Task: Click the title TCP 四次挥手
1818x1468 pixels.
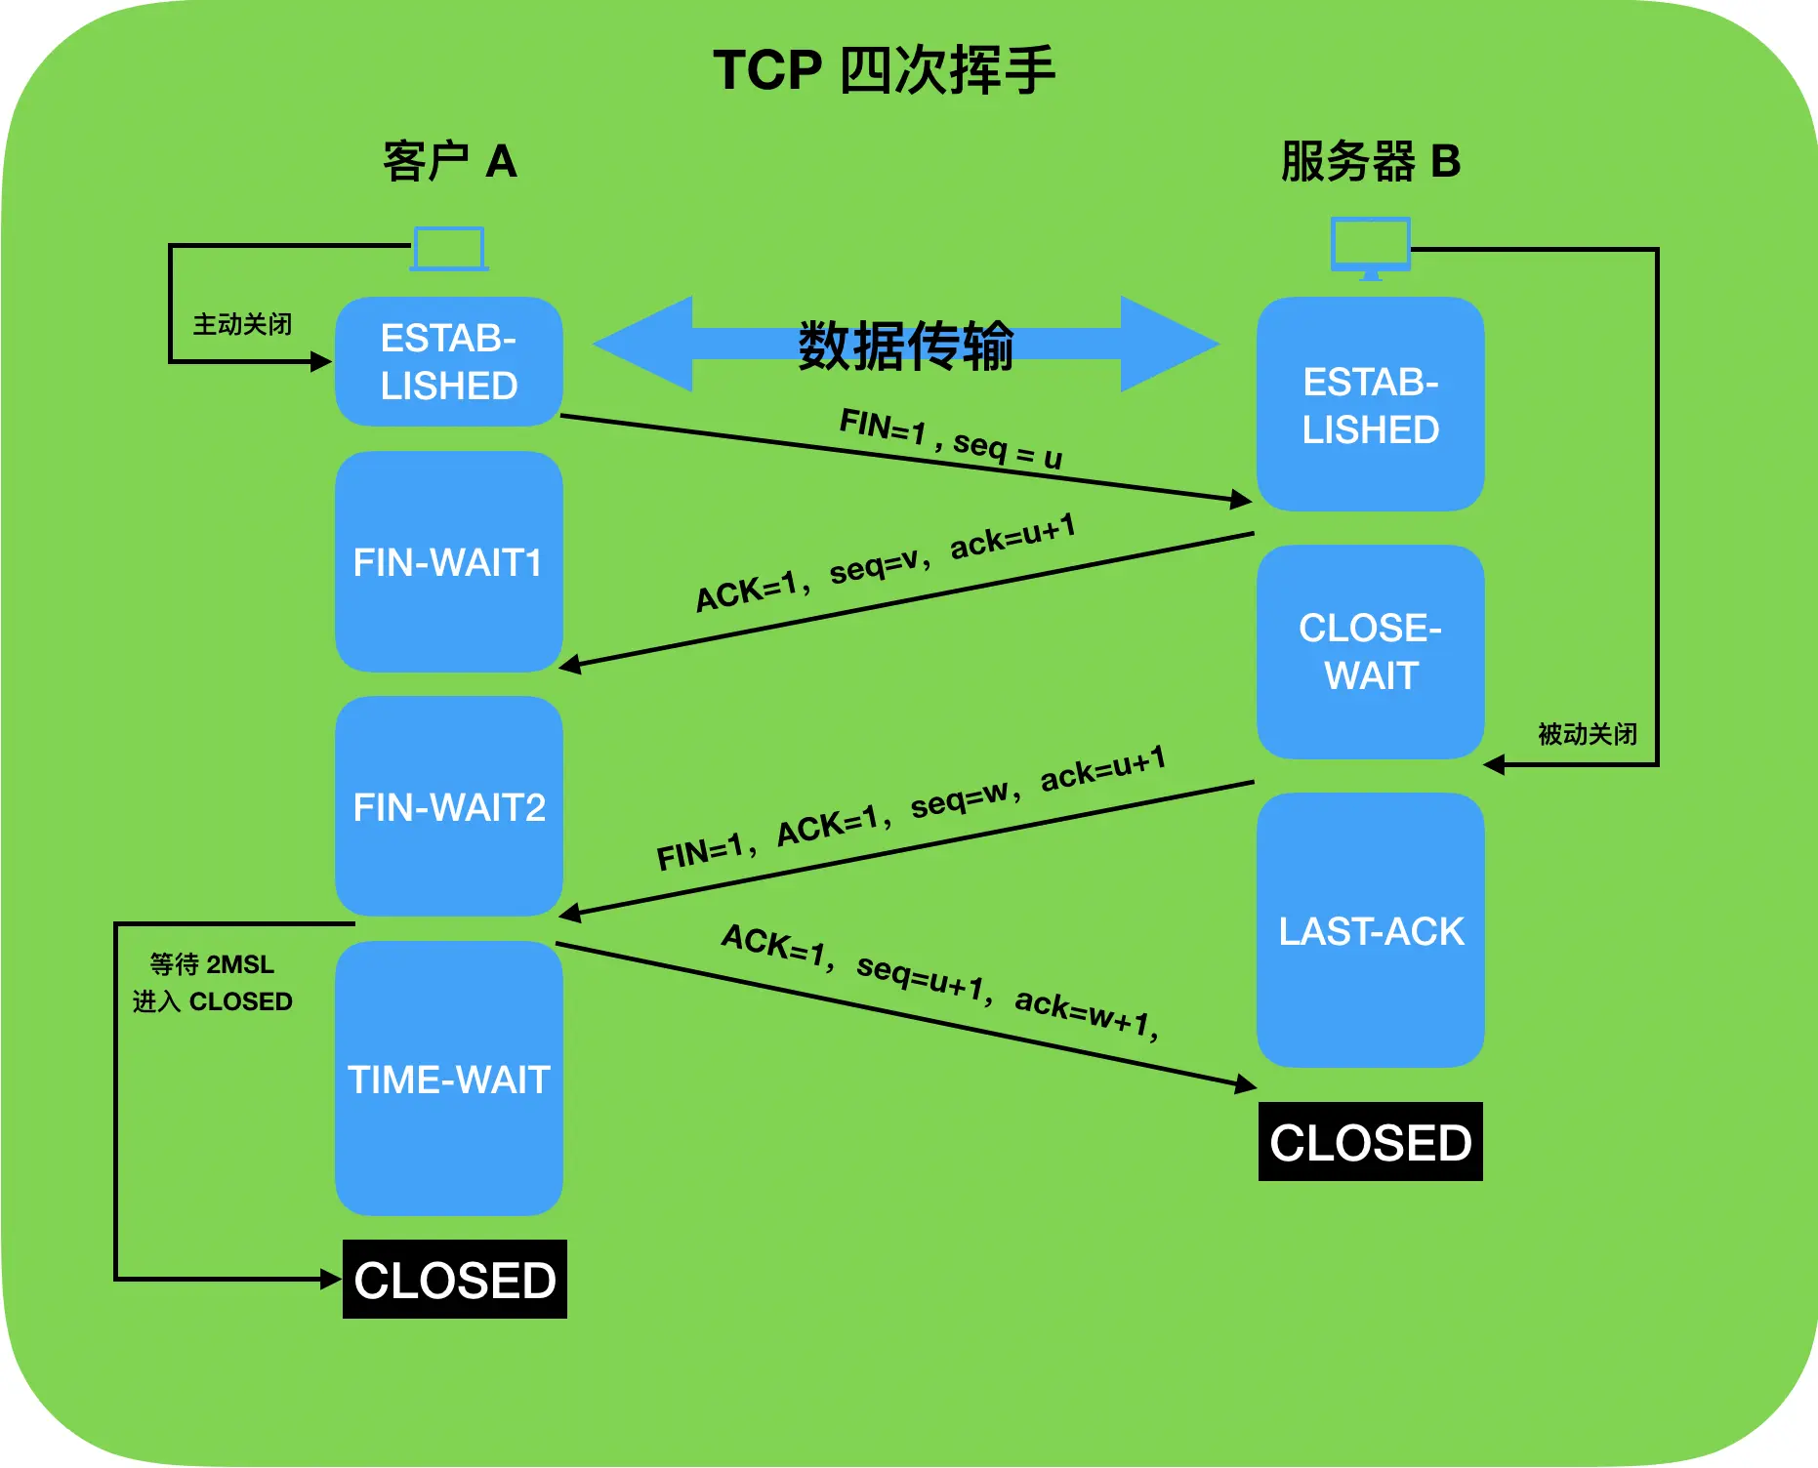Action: pos(884,70)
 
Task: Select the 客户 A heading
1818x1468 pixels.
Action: pos(449,161)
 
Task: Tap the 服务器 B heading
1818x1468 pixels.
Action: pos(1370,161)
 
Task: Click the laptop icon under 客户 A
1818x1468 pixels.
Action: pos(449,249)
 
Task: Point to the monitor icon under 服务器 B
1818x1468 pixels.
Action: pos(1370,247)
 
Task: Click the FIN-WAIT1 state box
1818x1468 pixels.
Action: pos(448,561)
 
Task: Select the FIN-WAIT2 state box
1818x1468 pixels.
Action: pos(448,806)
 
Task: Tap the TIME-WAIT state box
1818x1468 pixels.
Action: pos(448,1079)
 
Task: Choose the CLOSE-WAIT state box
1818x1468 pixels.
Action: pos(1370,651)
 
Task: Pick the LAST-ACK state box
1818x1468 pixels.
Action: pos(1370,930)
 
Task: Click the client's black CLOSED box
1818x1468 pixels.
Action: pos(454,1280)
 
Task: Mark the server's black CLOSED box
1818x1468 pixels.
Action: pos(1370,1142)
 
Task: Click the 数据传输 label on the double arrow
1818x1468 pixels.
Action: pos(906,346)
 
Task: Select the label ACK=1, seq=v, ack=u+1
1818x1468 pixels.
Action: pos(885,563)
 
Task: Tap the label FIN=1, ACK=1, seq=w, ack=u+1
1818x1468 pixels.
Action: pos(910,808)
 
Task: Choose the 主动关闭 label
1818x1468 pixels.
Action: pos(242,324)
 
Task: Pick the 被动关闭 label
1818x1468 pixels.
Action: pos(1587,734)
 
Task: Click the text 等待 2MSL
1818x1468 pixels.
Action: pos(212,964)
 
